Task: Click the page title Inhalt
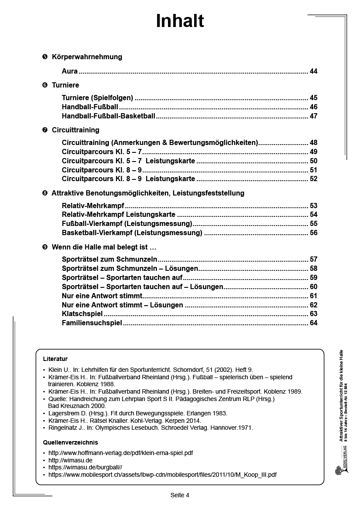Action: (x=180, y=21)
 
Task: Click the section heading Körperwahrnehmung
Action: (x=87, y=57)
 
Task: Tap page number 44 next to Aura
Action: (x=313, y=71)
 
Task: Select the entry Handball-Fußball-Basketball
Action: (x=108, y=116)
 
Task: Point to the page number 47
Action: (x=313, y=116)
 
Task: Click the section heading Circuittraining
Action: (x=75, y=130)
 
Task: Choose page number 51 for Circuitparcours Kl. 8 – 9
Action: (x=313, y=170)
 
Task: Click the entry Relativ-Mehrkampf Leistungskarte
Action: (x=118, y=215)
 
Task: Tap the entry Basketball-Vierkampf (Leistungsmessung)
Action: (x=132, y=233)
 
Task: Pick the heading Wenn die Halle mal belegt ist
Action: (x=104, y=247)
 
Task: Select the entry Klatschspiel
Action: (x=82, y=314)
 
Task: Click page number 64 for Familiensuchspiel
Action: (x=313, y=323)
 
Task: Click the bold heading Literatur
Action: (x=55, y=359)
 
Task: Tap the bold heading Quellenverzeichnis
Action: (x=71, y=442)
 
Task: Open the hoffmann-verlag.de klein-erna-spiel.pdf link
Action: (x=121, y=453)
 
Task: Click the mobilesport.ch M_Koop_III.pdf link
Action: (x=162, y=475)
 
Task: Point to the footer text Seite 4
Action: (x=180, y=495)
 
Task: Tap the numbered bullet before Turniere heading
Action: (x=45, y=85)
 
